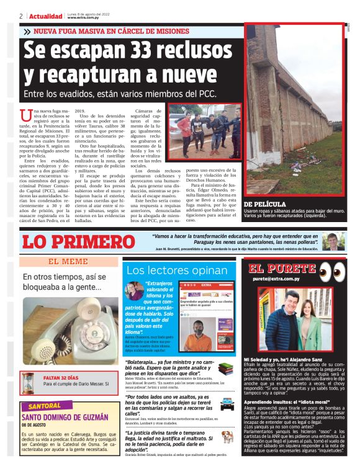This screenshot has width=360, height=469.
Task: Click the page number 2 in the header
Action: click(21, 16)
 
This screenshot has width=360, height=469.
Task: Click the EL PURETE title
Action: click(282, 269)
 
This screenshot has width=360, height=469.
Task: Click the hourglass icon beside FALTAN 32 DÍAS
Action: click(28, 381)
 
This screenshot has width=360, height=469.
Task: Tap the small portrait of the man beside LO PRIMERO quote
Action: click(334, 240)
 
